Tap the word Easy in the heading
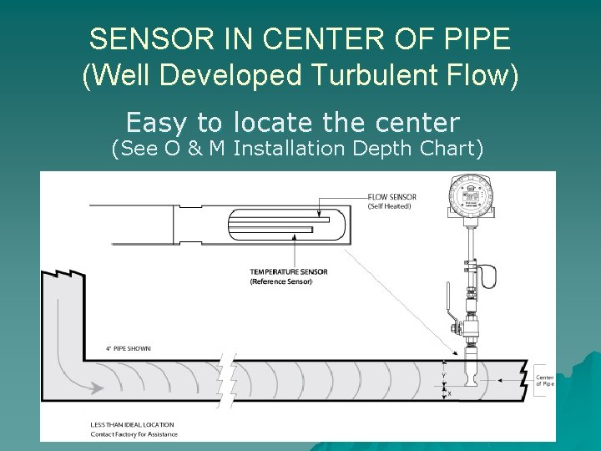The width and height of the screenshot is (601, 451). pyautogui.click(x=158, y=123)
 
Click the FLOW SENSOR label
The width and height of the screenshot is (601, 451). pyautogui.click(x=392, y=197)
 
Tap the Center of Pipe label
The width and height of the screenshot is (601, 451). pyautogui.click(x=543, y=379)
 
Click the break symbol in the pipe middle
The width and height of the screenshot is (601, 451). pyautogui.click(x=226, y=379)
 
